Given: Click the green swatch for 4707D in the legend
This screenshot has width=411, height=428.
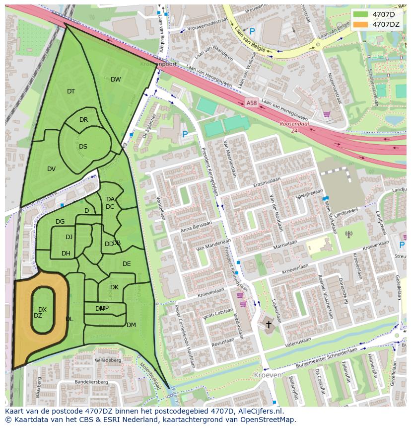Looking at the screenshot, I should (361, 14).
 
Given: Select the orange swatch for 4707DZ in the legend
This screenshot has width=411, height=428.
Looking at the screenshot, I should (361, 24).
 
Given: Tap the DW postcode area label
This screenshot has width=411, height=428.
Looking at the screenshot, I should (116, 80).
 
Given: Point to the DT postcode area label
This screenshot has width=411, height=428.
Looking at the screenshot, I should (71, 91).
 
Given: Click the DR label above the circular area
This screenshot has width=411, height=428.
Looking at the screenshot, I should (83, 120).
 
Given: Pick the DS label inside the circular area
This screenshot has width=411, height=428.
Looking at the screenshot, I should (83, 147).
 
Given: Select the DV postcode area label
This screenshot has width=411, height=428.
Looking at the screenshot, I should (51, 169).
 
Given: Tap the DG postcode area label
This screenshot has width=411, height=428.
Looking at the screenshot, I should (60, 222).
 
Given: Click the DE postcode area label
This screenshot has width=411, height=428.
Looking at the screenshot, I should (127, 264).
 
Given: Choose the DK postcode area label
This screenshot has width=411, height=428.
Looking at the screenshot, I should (114, 287).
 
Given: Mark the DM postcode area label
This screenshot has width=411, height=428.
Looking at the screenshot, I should (131, 325).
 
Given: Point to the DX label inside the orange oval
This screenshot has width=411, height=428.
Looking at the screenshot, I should (43, 310).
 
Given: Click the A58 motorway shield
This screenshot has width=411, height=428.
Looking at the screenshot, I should (252, 103).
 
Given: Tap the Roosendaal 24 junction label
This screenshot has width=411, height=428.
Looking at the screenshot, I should (294, 127).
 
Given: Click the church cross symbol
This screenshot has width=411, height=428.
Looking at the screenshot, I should (269, 325).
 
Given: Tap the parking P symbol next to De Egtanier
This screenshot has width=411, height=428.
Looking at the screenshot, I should (185, 134).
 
